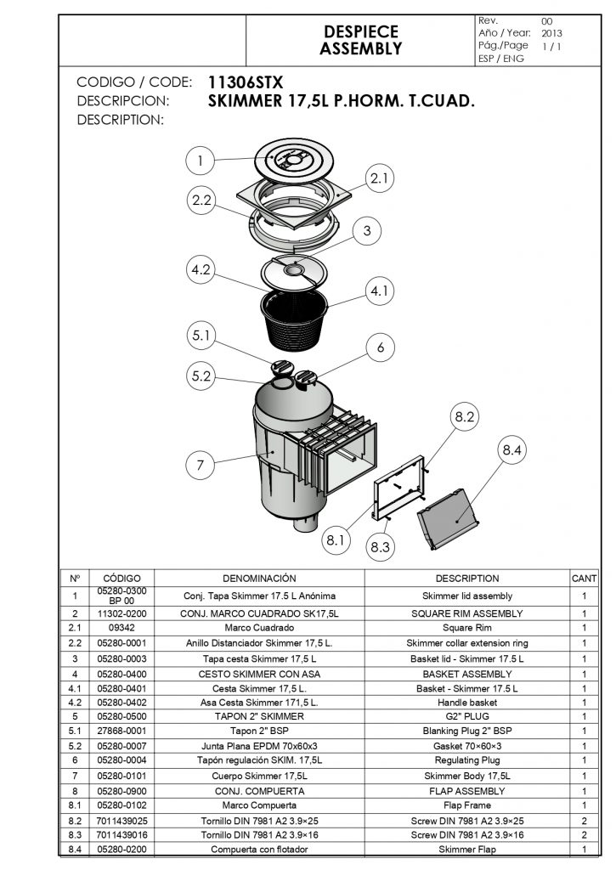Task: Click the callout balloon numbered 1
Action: (x=200, y=160)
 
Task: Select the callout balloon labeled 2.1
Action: (x=380, y=178)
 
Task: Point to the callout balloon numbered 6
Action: (x=381, y=347)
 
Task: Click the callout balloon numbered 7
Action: (x=200, y=465)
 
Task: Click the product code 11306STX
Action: (x=246, y=82)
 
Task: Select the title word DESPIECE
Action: (x=360, y=31)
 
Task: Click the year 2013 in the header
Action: (x=551, y=33)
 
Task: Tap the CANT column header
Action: (x=584, y=579)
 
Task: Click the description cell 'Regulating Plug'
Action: (x=466, y=760)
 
